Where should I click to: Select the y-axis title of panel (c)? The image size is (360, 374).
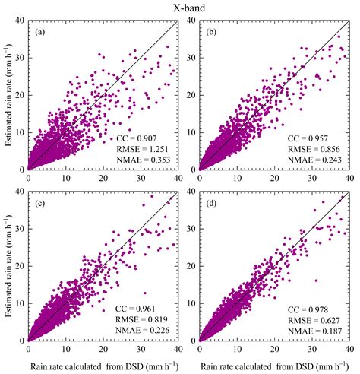[x=8, y=267]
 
